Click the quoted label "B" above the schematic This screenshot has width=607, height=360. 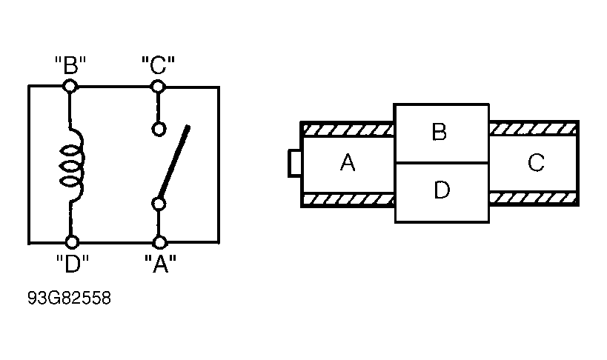click(x=70, y=64)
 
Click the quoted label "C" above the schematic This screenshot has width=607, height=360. click(x=158, y=64)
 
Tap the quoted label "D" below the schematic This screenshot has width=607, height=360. click(x=73, y=264)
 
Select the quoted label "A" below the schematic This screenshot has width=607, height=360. click(x=160, y=264)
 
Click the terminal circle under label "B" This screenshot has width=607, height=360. click(x=70, y=86)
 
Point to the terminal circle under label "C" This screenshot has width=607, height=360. click(x=158, y=86)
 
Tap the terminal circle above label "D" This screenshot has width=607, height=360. click(x=72, y=242)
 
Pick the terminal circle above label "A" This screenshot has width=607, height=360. click(x=159, y=242)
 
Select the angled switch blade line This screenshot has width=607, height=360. click(x=173, y=161)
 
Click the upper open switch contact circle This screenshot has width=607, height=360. click(x=159, y=130)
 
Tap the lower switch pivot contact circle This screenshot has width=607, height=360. click(x=159, y=204)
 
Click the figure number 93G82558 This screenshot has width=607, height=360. click(x=69, y=298)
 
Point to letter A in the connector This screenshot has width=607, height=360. click(x=348, y=162)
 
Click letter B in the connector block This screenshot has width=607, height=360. click(x=439, y=132)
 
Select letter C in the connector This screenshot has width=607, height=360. click(x=536, y=162)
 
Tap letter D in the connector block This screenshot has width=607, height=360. click(x=442, y=190)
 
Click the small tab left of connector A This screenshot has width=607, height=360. click(x=294, y=164)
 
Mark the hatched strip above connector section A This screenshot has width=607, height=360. click(x=348, y=130)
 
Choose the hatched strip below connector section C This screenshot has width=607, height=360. click(x=534, y=198)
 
